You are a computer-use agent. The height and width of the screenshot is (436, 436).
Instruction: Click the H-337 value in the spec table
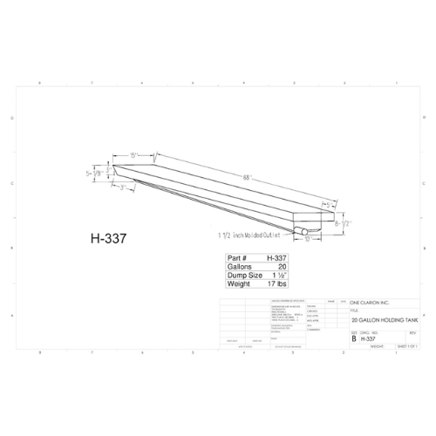click(x=276, y=258)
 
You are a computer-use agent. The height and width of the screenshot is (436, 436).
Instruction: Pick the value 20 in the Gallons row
click(x=282, y=266)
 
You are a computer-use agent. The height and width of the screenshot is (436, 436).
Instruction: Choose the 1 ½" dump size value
click(x=278, y=275)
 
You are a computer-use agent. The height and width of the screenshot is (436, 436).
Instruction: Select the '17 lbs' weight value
click(x=277, y=283)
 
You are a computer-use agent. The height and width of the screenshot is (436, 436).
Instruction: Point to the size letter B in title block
click(x=354, y=337)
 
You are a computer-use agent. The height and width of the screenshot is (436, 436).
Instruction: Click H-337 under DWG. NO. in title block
click(x=368, y=337)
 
